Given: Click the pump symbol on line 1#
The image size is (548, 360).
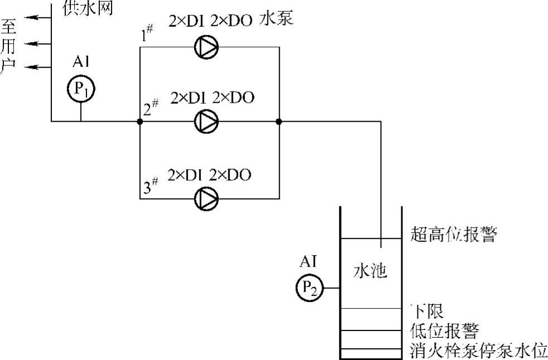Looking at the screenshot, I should click(x=206, y=47).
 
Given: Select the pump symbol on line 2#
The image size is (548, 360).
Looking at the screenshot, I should click(x=206, y=121).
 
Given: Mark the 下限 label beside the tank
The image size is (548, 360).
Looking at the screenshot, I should click(x=427, y=310).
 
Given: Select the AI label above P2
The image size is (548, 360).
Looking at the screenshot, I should click(x=308, y=261).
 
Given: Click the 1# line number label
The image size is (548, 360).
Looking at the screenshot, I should click(x=148, y=36).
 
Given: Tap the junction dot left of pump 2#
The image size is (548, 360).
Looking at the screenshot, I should click(x=140, y=121).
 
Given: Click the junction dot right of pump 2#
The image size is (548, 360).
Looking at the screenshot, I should click(x=278, y=121).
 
